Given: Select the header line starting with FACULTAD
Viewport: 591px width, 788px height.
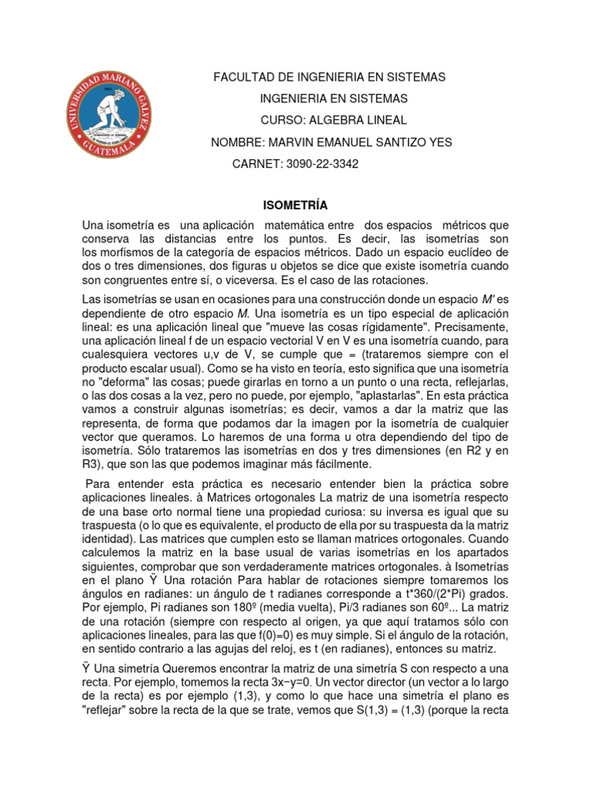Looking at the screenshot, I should (329, 78).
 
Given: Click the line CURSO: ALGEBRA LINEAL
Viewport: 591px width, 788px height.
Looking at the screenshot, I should (333, 120).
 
